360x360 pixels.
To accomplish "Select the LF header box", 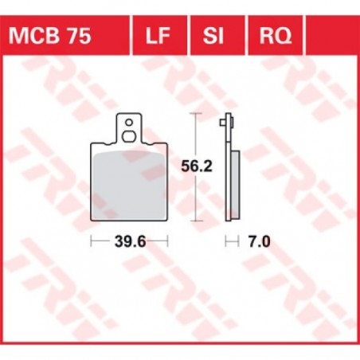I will click(x=158, y=36).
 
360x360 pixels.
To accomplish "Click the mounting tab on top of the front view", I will click(x=127, y=128).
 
